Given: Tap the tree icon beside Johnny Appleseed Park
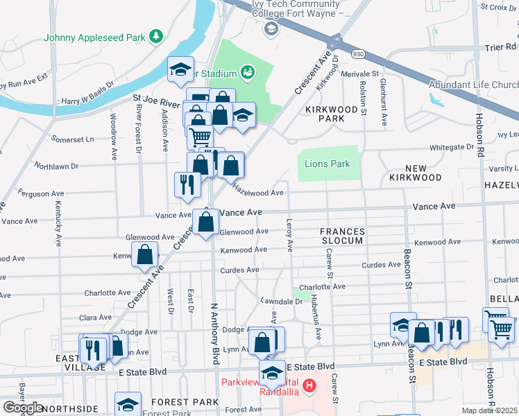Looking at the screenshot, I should tap(157, 35).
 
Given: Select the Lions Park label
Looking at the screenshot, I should tap(327, 164).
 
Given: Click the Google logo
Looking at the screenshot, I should tap(23, 408).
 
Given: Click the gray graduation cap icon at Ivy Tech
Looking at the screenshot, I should tap(271, 28).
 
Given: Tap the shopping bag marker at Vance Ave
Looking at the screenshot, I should tap(206, 223).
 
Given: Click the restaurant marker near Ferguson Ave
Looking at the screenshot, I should tap(187, 184).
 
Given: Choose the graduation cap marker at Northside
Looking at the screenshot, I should tap(128, 404).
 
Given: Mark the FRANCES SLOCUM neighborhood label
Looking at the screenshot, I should tap(341, 235).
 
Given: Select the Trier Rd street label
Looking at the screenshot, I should tap(501, 47).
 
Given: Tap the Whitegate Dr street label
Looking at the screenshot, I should tap(451, 147).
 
